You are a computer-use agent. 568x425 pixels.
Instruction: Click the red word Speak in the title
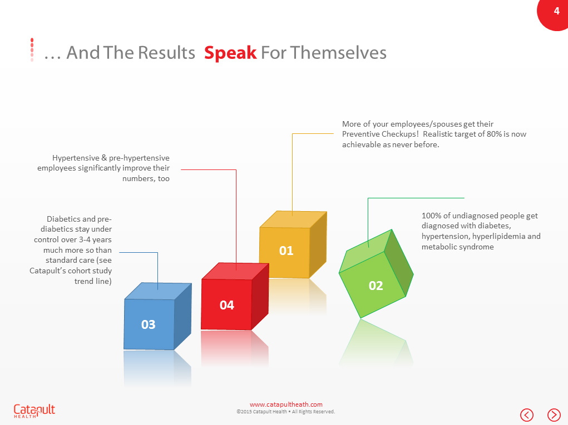(x=230, y=53)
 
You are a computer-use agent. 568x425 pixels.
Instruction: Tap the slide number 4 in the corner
(x=556, y=11)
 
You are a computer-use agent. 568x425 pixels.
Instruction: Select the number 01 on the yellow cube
(x=286, y=251)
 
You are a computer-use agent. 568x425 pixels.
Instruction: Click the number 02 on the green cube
(x=376, y=286)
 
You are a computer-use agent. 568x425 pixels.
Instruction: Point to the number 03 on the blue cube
(x=148, y=324)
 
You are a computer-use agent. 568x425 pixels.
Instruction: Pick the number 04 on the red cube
(x=226, y=305)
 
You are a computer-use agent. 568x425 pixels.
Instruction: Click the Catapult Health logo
(x=34, y=411)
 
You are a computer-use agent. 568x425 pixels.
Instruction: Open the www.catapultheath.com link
(x=286, y=404)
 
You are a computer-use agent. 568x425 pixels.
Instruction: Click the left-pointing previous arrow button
(x=527, y=414)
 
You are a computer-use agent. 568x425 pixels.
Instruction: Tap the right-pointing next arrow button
(x=554, y=414)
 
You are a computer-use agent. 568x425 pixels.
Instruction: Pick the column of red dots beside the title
(x=32, y=49)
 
